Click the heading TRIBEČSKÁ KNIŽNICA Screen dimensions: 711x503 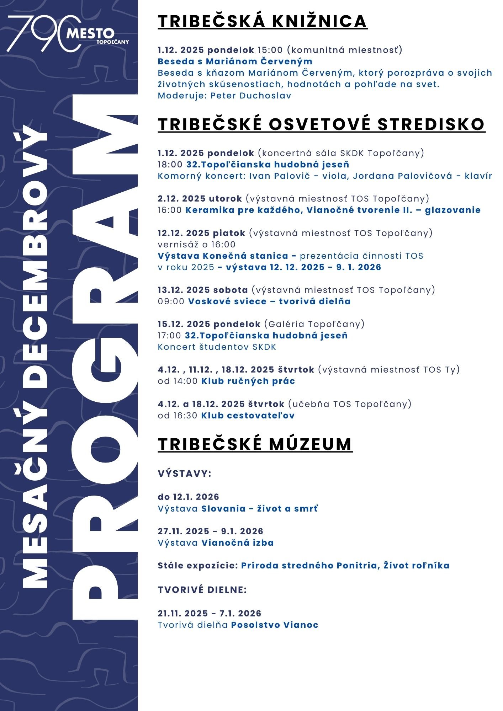pyautogui.click(x=262, y=21)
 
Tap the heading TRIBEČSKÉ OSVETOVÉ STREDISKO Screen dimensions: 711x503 pyautogui.click(x=321, y=124)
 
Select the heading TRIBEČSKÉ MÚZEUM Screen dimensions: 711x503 pyautogui.click(x=255, y=444)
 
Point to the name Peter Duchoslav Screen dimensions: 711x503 pyautogui.click(x=251, y=96)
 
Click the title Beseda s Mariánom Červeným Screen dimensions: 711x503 pyautogui.click(x=235, y=62)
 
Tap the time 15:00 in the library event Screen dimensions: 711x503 pyautogui.click(x=270, y=50)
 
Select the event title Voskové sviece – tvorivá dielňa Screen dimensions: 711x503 pyautogui.click(x=269, y=301)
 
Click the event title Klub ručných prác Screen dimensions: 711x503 pyautogui.click(x=248, y=381)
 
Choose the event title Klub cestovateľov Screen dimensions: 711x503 pyautogui.click(x=248, y=415)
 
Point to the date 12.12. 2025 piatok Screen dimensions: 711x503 pyautogui.click(x=201, y=233)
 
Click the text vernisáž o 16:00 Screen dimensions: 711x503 pyautogui.click(x=197, y=245)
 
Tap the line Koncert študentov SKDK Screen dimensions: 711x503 pyautogui.click(x=217, y=347)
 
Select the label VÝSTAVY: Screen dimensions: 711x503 pyautogui.click(x=185, y=474)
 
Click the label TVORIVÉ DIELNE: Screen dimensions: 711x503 pyautogui.click(x=202, y=590)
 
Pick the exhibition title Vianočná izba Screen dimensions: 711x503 pyautogui.click(x=238, y=543)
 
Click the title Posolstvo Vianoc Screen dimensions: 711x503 pyautogui.click(x=275, y=625)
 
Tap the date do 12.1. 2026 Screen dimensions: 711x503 pyautogui.click(x=188, y=497)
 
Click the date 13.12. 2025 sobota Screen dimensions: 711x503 pyautogui.click(x=203, y=290)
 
